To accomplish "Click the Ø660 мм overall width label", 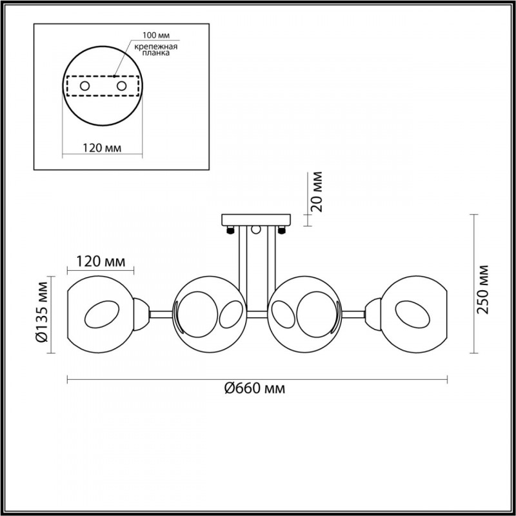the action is pos(255,389).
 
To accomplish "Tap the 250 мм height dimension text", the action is pos(482,289).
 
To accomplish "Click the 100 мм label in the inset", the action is pos(156,35).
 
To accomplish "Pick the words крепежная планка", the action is pos(156,50).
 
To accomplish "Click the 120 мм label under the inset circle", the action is pos(102,148).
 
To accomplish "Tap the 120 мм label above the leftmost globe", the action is pos(101,262).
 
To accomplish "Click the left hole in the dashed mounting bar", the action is pos(84,86).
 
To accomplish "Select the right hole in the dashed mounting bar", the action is pos(121,86).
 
